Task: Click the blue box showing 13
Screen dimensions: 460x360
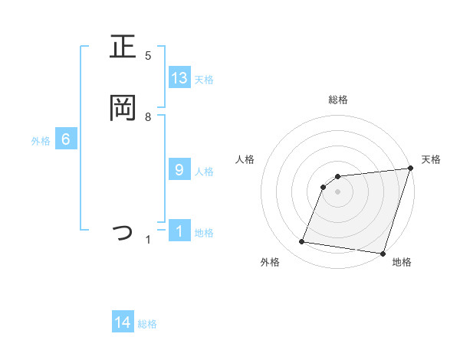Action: coord(179,78)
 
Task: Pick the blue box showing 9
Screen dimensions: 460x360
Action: coord(179,170)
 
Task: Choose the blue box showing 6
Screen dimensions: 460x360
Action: coord(66,139)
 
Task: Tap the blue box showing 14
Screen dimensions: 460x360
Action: coord(123,323)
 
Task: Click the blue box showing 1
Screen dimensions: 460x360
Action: coord(179,231)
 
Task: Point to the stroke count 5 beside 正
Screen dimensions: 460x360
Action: coord(148,55)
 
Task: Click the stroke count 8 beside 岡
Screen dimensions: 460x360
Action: coord(148,116)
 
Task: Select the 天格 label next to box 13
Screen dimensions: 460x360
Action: coord(204,80)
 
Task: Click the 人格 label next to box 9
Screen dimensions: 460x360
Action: coord(204,172)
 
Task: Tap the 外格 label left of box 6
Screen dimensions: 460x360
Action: coord(41,141)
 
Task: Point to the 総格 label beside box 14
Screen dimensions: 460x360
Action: coord(147,325)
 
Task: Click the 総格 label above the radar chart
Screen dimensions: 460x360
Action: coord(338,100)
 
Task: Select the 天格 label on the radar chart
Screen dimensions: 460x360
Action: coord(431,159)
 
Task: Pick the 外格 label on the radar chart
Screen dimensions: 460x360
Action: coord(270,262)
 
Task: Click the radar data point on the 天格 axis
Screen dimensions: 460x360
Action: coord(411,169)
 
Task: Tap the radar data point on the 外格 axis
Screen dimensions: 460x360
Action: coord(302,242)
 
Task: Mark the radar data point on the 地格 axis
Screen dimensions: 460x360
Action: coord(383,253)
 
